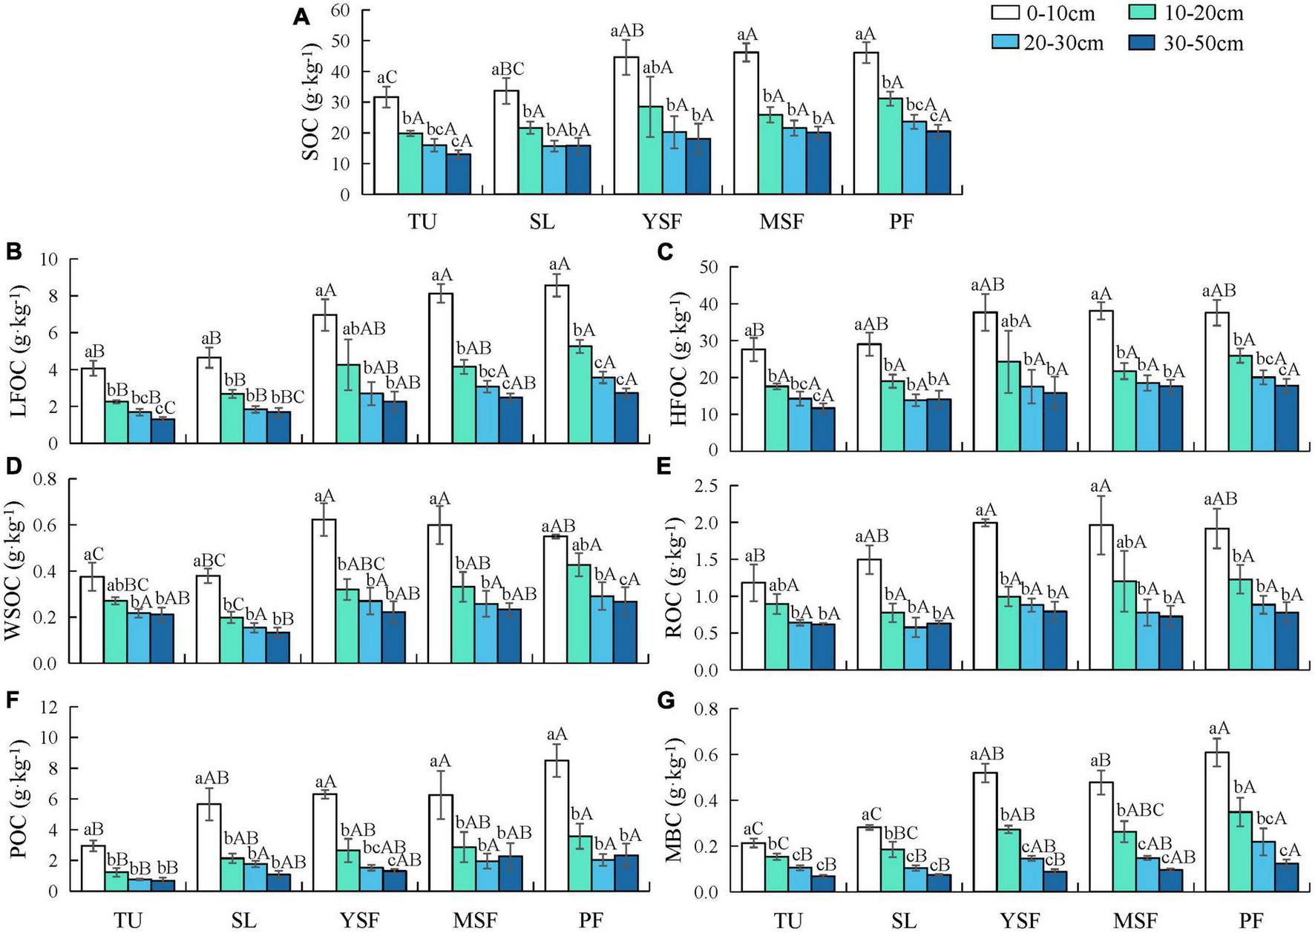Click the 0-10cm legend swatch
tap(1007, 13)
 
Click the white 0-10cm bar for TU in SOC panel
tap(386, 145)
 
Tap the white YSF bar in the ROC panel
tap(986, 596)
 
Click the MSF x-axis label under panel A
tap(782, 222)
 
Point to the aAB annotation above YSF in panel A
tap(626, 31)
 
